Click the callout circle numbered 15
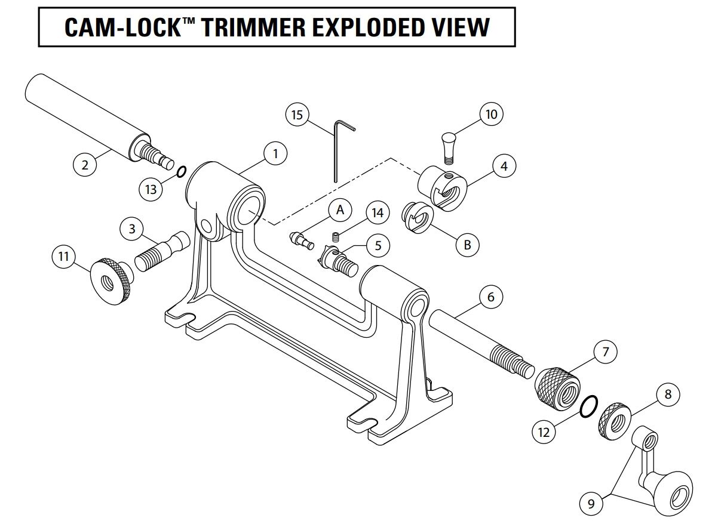(x=297, y=114)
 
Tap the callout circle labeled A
(x=340, y=209)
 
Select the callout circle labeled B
(x=467, y=244)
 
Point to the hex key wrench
(x=336, y=149)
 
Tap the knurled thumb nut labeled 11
(x=111, y=280)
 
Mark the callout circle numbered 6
(x=491, y=297)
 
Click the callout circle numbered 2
(x=85, y=164)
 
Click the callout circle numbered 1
(x=275, y=153)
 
